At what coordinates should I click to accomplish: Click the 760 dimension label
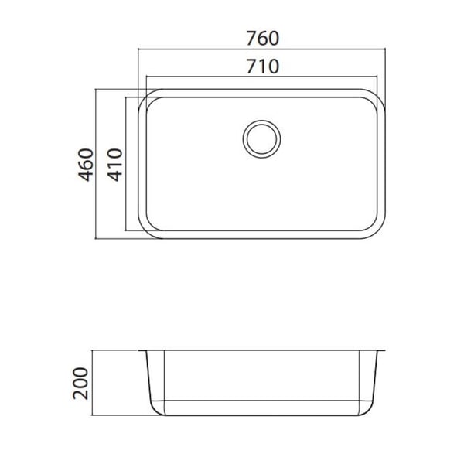(263, 39)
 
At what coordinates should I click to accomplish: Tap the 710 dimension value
(263, 67)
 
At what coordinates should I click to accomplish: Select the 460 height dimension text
(86, 165)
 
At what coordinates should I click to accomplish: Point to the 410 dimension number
(114, 165)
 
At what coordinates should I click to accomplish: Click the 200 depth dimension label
(80, 384)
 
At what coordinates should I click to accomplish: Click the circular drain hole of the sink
(261, 139)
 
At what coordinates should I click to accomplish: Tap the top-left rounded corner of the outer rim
(145, 96)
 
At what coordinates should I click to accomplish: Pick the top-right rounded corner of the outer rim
(378, 96)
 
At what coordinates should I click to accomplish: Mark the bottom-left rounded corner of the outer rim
(145, 231)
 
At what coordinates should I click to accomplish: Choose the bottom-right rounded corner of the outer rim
(378, 231)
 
